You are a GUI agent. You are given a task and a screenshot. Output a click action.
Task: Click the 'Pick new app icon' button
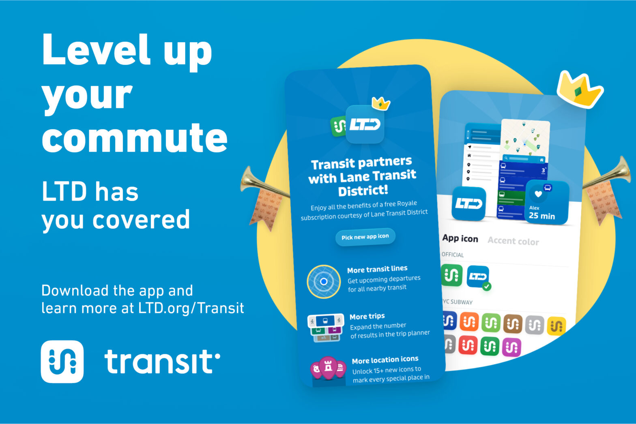coord(365,237)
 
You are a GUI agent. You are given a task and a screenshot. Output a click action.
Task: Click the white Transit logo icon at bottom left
coord(62,361)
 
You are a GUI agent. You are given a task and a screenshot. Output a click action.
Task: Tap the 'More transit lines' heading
coord(377,269)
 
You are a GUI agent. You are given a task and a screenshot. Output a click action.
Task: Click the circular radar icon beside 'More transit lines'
coord(324,281)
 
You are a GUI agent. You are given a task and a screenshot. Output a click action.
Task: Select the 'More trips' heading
coord(367,316)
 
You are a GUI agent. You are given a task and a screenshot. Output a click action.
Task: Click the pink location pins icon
coord(328,368)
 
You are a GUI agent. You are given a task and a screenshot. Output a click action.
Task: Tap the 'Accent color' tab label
coord(513,241)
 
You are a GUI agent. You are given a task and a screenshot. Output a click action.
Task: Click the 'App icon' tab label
coord(460,238)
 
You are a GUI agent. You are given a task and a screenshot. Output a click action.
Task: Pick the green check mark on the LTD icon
coord(487,286)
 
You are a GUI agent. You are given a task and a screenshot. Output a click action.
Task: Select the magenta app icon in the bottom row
coord(511,347)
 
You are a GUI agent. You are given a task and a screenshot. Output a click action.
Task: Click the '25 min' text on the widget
coord(541,216)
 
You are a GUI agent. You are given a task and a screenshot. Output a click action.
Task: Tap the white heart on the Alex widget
coord(538,194)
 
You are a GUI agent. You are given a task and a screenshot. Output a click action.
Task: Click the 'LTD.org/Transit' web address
coord(191,308)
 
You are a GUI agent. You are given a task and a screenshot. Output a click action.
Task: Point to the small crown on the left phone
coord(381,103)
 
